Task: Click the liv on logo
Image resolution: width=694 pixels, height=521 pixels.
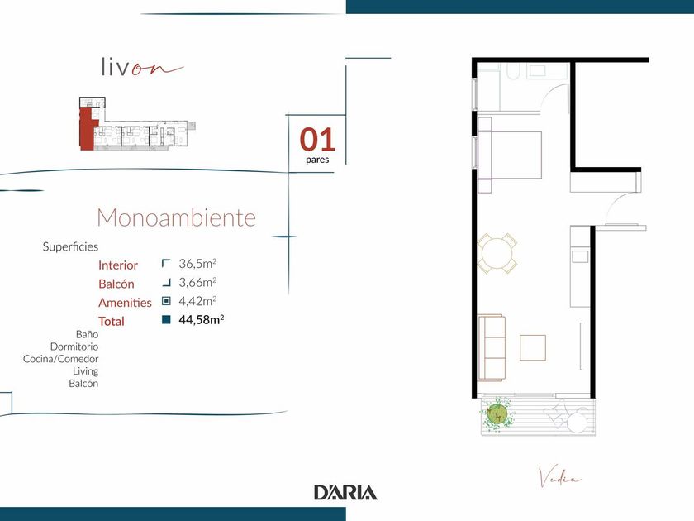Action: [141, 67]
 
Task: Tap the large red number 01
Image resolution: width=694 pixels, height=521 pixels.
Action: [317, 139]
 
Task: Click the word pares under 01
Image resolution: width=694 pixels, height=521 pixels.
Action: [317, 159]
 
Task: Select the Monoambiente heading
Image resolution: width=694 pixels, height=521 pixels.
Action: [176, 217]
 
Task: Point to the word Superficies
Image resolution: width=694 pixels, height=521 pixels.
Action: [70, 246]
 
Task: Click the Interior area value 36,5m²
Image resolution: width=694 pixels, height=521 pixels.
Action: [197, 264]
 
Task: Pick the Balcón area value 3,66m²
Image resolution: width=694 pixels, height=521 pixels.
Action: [197, 282]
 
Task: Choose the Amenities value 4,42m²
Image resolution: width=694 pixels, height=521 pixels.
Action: [197, 301]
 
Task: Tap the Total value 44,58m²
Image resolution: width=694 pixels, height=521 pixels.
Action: [202, 319]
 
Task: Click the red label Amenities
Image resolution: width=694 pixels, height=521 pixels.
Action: [125, 303]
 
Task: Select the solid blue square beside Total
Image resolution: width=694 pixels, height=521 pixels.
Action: [166, 319]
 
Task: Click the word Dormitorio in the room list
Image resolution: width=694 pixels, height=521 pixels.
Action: [74, 347]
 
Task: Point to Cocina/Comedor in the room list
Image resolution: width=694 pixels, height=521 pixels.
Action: [60, 359]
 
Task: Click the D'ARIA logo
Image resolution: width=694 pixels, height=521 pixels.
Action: [345, 492]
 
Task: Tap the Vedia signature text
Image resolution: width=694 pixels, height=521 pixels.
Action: [559, 478]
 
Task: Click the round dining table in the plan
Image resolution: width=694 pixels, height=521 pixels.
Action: [497, 253]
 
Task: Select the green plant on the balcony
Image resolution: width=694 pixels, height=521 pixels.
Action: [497, 414]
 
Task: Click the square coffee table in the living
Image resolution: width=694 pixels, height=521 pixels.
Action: [533, 348]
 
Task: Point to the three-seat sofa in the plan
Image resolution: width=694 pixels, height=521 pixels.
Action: [492, 348]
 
